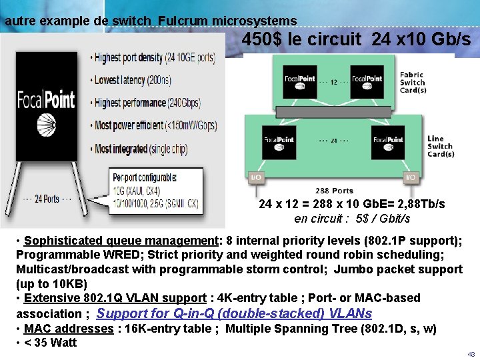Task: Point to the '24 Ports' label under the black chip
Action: click(46, 198)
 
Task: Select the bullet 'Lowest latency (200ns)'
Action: click(133, 80)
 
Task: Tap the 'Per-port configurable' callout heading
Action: click(145, 178)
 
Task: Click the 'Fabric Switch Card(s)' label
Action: click(413, 83)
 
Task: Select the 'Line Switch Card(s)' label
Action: click(440, 146)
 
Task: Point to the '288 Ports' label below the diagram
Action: click(333, 191)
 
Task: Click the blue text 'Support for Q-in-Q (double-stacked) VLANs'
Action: click(235, 313)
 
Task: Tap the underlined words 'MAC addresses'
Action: click(69, 329)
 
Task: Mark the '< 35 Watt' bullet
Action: click(50, 343)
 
